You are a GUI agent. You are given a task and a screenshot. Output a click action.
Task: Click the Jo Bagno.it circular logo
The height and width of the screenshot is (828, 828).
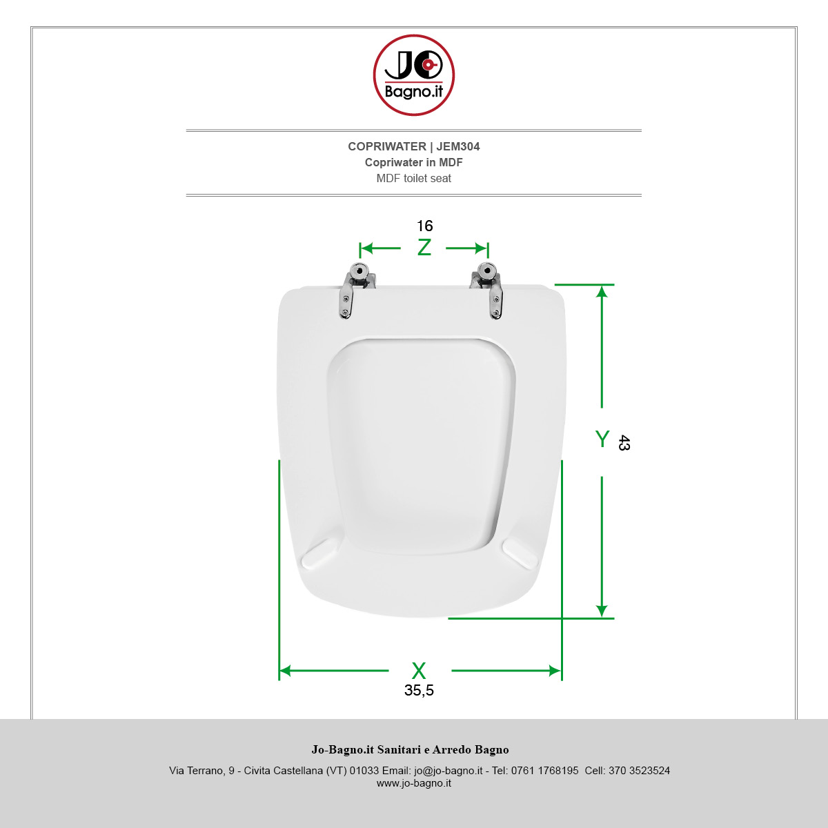pyautogui.click(x=414, y=75)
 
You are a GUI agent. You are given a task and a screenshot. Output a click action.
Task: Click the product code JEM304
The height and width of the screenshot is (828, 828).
pyautogui.click(x=458, y=146)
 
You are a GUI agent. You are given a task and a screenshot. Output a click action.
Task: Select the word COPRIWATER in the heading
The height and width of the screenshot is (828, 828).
pyautogui.click(x=386, y=146)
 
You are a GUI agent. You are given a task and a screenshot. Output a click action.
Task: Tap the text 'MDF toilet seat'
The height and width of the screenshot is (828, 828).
pyautogui.click(x=414, y=178)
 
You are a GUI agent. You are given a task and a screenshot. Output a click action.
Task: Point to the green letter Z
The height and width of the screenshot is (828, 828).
pyautogui.click(x=424, y=248)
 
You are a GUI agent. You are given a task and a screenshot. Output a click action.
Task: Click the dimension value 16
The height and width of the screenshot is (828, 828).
pyautogui.click(x=424, y=226)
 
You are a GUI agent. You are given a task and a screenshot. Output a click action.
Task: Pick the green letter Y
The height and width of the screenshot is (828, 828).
pyautogui.click(x=602, y=439)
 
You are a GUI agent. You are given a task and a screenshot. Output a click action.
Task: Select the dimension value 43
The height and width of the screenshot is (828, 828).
pyautogui.click(x=624, y=442)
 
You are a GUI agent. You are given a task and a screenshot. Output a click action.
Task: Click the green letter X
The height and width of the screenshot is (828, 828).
pyautogui.click(x=419, y=671)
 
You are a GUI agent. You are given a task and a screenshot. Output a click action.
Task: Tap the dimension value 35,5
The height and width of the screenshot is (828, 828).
pyautogui.click(x=419, y=691)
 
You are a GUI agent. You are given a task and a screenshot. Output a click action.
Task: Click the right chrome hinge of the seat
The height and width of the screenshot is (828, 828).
pyautogui.click(x=488, y=290)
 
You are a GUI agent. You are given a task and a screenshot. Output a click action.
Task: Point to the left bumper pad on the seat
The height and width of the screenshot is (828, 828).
pyautogui.click(x=319, y=554)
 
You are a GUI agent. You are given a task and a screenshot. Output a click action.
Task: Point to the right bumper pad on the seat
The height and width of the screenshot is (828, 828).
pyautogui.click(x=520, y=555)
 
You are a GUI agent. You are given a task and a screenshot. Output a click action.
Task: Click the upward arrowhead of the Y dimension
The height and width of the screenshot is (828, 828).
pyautogui.click(x=602, y=292)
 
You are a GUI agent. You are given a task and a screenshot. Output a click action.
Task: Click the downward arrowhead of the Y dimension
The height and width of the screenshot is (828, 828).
pyautogui.click(x=602, y=611)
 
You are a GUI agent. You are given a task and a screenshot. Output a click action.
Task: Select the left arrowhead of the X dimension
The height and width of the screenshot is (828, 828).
pyautogui.click(x=285, y=671)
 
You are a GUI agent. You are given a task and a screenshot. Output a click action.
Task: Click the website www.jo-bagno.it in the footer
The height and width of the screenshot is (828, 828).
pyautogui.click(x=414, y=783)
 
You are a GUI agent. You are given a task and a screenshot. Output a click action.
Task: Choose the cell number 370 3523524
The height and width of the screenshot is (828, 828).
pyautogui.click(x=639, y=771)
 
